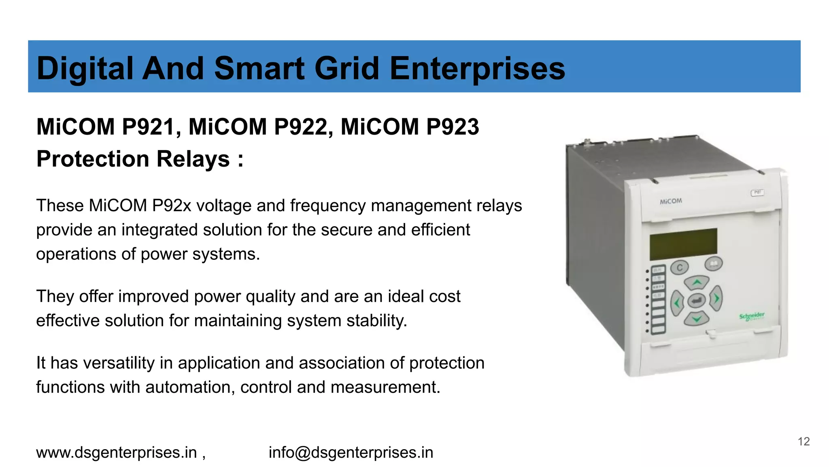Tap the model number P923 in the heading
(453, 126)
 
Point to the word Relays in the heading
(193, 159)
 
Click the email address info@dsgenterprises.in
(351, 452)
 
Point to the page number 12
(803, 441)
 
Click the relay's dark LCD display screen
(683, 244)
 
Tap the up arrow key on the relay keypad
(696, 282)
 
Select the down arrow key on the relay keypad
(696, 319)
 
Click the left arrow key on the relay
(677, 302)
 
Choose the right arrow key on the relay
(716, 299)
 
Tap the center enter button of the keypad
(696, 300)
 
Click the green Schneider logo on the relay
(752, 316)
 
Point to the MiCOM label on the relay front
(671, 201)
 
